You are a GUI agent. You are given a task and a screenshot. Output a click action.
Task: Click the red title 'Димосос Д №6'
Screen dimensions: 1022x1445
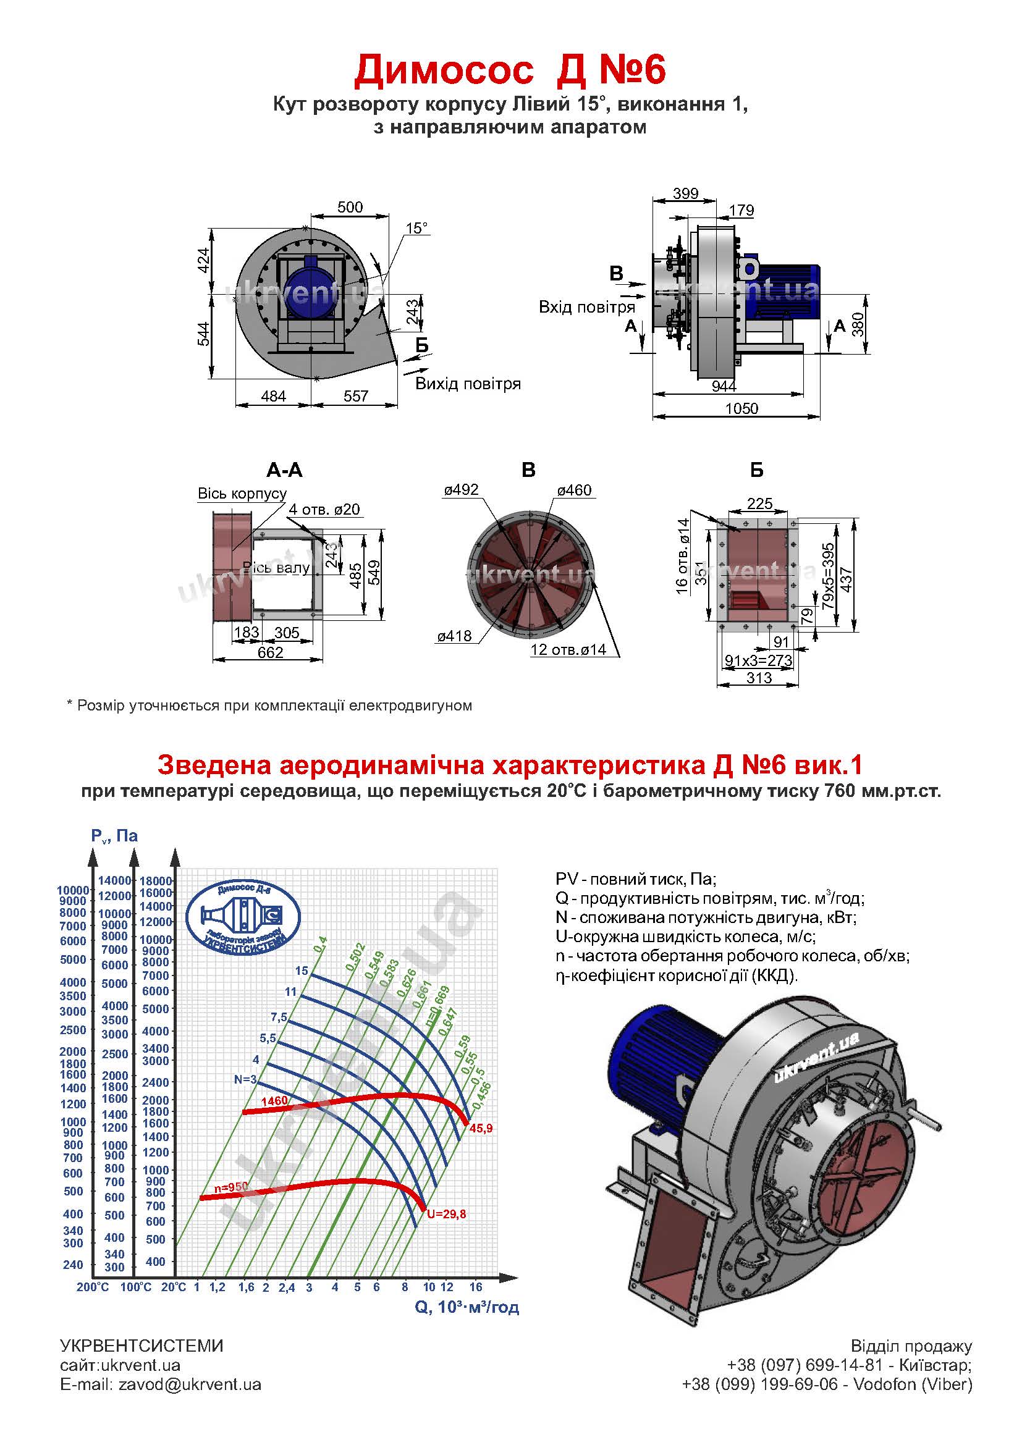510,70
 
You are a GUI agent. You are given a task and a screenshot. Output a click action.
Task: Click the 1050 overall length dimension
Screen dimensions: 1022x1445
741,408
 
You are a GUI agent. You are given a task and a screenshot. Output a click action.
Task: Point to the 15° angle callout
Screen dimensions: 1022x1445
416,228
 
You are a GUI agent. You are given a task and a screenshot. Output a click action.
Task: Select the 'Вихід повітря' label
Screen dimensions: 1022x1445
468,383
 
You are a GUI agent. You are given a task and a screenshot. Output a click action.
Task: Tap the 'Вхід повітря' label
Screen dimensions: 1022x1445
586,307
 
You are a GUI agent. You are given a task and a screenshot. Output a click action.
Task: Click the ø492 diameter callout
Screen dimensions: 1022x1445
462,489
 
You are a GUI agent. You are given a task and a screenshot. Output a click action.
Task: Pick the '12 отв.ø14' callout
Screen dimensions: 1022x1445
568,649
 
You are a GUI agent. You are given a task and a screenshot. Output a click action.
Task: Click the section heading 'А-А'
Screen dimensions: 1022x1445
284,470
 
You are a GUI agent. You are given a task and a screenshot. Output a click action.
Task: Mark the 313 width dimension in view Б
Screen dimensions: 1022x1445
759,677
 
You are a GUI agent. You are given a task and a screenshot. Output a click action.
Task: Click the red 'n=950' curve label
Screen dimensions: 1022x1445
231,1187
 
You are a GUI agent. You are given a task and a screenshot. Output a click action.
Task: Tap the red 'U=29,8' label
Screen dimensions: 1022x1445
446,1214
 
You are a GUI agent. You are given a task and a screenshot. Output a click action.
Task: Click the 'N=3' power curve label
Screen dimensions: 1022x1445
245,1079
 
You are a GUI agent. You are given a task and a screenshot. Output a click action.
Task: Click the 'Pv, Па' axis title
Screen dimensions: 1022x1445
114,836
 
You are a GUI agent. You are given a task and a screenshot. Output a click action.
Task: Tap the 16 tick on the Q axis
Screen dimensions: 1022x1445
476,1286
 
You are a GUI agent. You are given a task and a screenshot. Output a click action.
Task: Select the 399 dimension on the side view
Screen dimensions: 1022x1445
685,193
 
